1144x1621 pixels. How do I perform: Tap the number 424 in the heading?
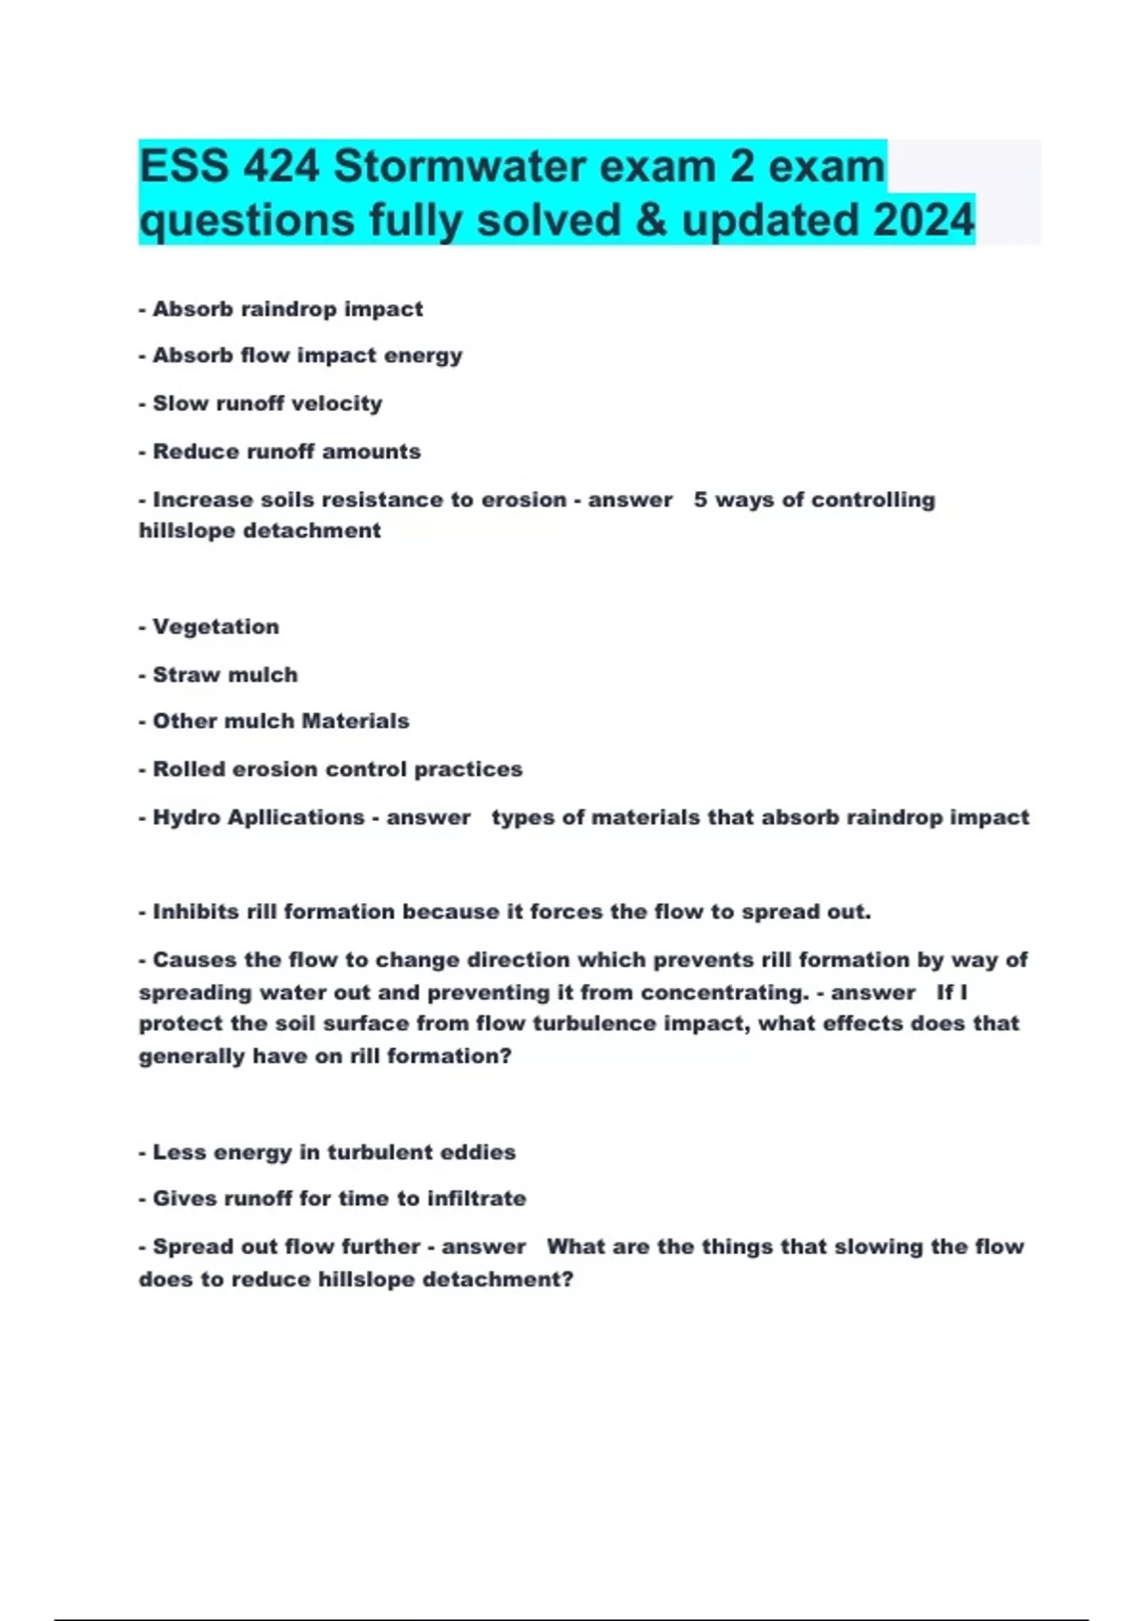click(280, 167)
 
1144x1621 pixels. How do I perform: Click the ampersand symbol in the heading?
click(650, 219)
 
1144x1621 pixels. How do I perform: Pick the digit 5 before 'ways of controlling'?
click(701, 500)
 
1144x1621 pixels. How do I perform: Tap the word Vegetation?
click(216, 626)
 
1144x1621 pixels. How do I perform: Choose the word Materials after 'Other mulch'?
click(362, 721)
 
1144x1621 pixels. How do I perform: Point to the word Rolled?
click(186, 769)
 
